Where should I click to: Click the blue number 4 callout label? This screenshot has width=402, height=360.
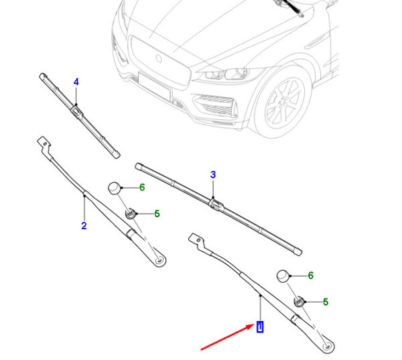click(x=76, y=82)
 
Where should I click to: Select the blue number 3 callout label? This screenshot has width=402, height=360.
click(x=212, y=175)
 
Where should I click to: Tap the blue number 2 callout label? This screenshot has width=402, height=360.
click(x=84, y=226)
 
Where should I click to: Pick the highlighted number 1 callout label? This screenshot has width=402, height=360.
click(x=260, y=327)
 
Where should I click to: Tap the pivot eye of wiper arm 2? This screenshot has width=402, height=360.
click(x=159, y=259)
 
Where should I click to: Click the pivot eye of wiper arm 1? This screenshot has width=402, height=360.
click(x=328, y=347)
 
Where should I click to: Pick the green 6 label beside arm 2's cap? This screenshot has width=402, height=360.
click(x=141, y=187)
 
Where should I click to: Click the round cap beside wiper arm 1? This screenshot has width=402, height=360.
click(x=283, y=276)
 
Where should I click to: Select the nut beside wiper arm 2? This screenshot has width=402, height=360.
click(x=131, y=214)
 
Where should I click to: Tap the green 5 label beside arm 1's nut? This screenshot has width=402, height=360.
click(x=326, y=302)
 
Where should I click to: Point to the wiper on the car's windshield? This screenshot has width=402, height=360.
click(x=291, y=7)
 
